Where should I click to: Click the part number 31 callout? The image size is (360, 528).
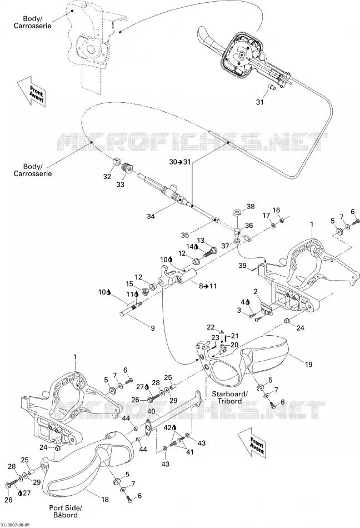click(260, 102)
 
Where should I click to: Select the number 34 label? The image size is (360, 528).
click(151, 216)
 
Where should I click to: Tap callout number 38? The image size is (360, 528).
click(251, 206)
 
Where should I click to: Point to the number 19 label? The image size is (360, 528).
click(308, 364)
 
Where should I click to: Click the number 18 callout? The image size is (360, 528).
click(105, 500)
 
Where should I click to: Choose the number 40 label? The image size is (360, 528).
click(151, 411)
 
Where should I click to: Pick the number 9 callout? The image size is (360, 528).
click(153, 328)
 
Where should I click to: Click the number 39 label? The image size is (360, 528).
click(243, 266)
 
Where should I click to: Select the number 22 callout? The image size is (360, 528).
click(211, 327)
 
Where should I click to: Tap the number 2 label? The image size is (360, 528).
click(256, 291)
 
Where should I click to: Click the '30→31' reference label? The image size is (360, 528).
click(180, 162)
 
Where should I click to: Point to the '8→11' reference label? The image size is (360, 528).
click(208, 286)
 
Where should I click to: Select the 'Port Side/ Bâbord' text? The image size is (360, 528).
click(66, 511)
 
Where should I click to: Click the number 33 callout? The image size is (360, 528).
click(120, 184)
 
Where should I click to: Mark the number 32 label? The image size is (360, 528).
click(107, 176)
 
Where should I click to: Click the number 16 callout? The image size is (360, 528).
click(276, 210)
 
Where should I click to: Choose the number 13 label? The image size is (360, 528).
click(201, 240)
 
